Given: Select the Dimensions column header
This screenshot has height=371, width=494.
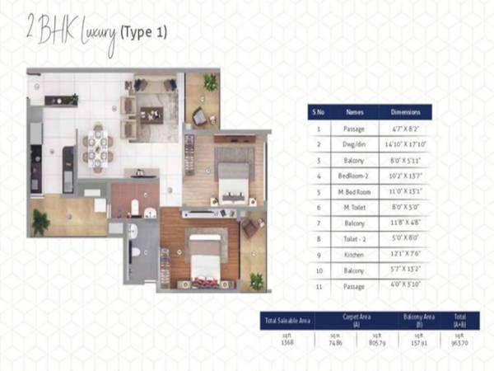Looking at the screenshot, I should pos(406,111).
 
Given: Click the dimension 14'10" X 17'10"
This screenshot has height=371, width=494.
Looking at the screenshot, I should pos(406,144).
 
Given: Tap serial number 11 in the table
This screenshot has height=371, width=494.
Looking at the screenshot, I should pos(318,286).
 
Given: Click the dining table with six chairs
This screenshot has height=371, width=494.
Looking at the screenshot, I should pos(97,146).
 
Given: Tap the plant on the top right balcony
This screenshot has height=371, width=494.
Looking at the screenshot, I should pos(211,82).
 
